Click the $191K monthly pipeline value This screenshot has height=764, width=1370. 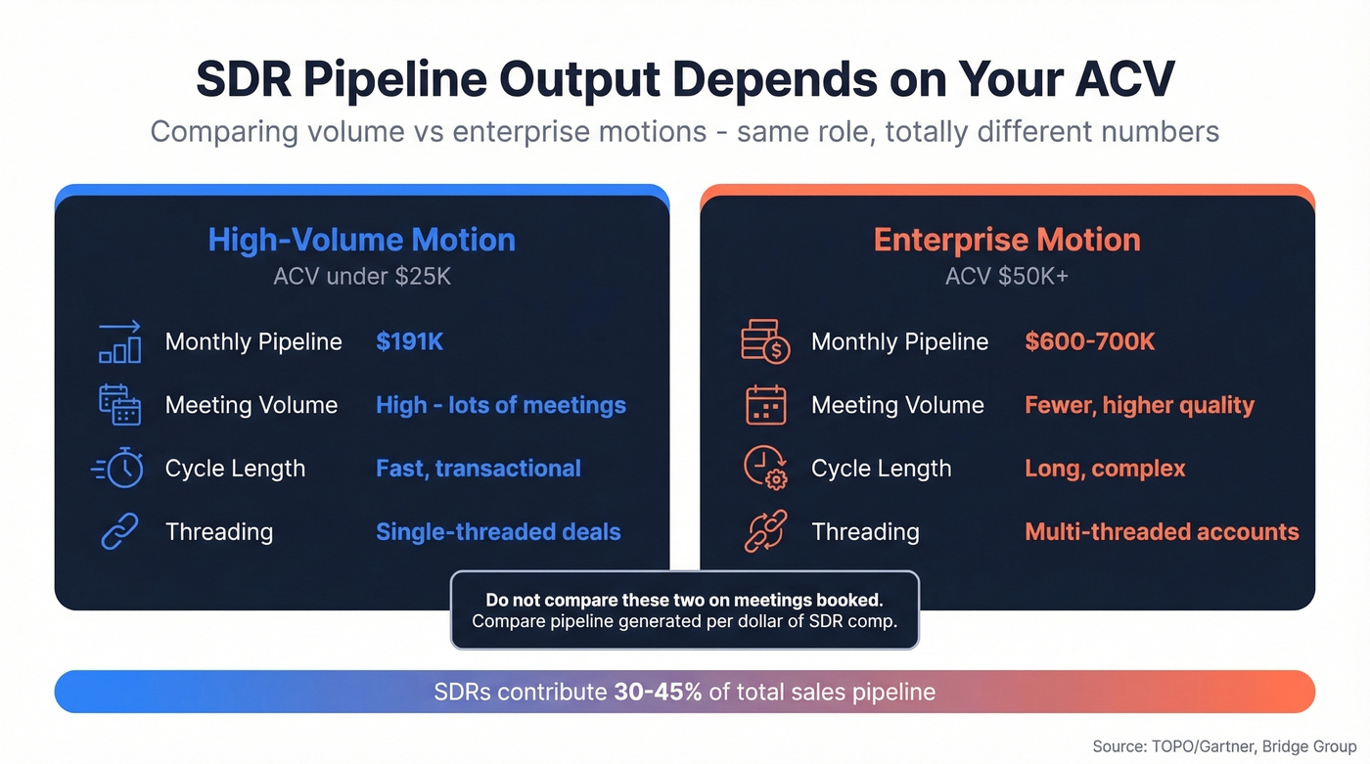point(409,341)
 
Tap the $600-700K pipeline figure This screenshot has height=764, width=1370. point(1089,341)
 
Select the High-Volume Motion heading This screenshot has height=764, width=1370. point(361,240)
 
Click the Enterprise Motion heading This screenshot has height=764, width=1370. point(1007,240)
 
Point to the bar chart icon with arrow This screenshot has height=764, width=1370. point(120,341)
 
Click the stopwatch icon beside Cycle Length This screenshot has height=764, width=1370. point(120,469)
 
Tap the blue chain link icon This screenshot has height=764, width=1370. point(120,532)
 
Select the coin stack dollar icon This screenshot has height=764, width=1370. point(765,341)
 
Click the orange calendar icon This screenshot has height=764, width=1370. point(765,405)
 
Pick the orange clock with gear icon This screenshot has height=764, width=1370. point(765,469)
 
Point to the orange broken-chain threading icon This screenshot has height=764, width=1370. point(765,532)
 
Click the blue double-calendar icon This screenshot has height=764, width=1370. point(120,405)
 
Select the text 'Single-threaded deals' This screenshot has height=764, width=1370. point(498,532)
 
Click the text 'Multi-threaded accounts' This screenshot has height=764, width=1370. point(1162,532)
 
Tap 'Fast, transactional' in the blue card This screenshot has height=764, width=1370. point(479,469)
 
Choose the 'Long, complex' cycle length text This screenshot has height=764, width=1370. point(1105,469)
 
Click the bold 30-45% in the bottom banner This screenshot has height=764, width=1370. point(658,693)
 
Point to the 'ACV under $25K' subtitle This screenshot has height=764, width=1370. point(361,277)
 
